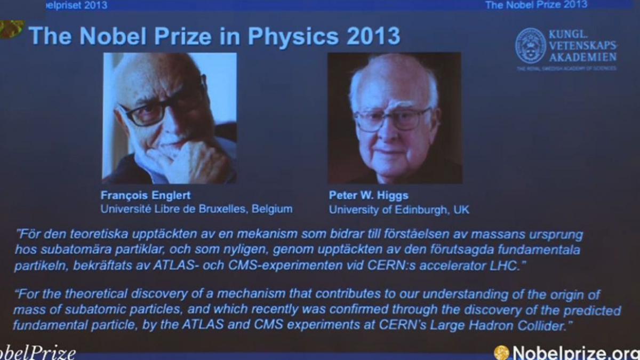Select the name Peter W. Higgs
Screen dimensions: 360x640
tap(369, 195)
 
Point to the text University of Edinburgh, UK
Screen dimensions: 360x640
tap(399, 210)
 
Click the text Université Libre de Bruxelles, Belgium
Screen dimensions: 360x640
tap(196, 209)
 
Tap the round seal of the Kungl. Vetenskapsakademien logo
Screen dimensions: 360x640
tap(530, 46)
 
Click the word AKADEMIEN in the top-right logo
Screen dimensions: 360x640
tap(583, 57)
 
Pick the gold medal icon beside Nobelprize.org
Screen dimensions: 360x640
tap(501, 353)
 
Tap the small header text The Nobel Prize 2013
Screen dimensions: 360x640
tap(536, 5)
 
